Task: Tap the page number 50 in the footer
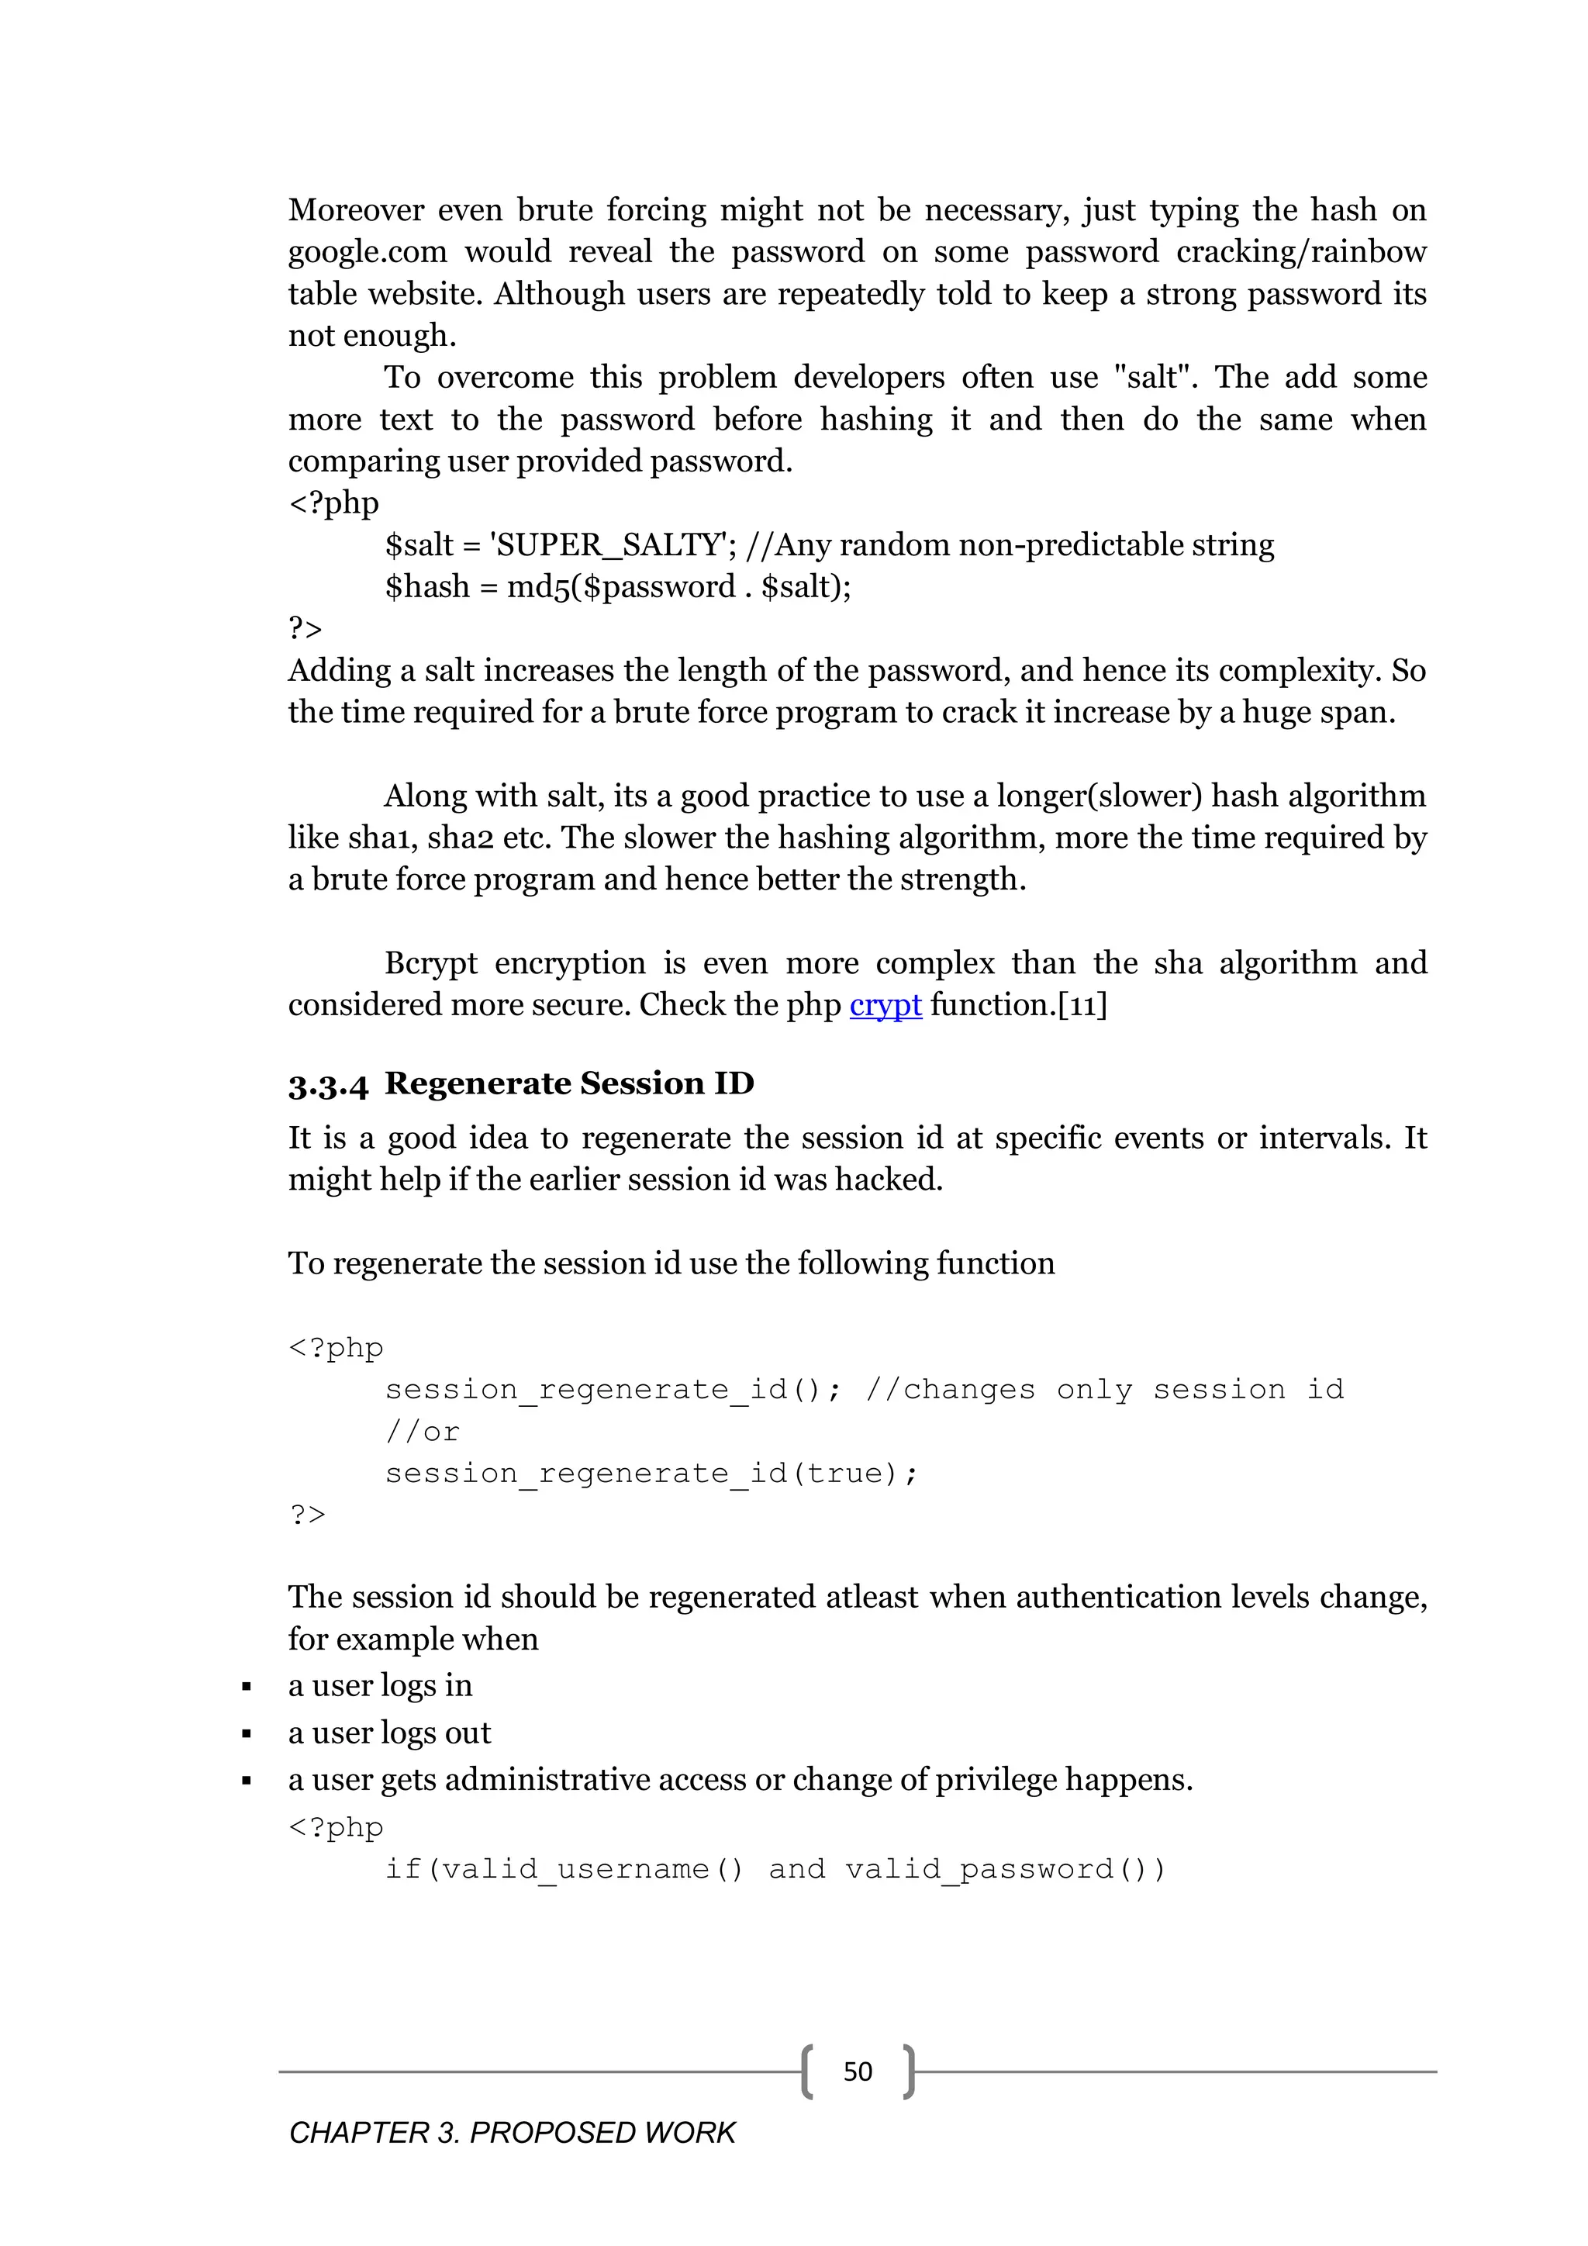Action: click(x=858, y=2072)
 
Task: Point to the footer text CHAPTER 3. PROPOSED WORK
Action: click(x=512, y=2133)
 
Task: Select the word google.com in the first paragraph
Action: click(x=367, y=252)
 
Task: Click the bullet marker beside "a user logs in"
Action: click(x=247, y=1688)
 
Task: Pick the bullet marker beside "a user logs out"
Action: click(x=247, y=1734)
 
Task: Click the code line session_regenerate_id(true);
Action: click(x=651, y=1474)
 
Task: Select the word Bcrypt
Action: click(x=430, y=963)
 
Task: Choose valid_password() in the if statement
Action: click(x=1004, y=1869)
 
